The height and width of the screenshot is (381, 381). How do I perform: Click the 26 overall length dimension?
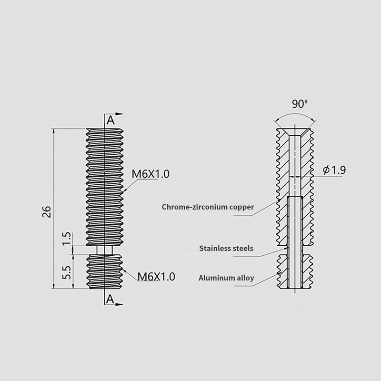tap(46, 211)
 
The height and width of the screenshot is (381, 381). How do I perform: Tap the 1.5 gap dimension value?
tap(67, 239)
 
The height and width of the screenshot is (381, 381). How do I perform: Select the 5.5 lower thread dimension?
tap(67, 272)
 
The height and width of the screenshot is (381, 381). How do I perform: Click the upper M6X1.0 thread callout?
tap(150, 174)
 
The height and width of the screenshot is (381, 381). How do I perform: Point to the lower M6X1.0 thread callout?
tap(156, 277)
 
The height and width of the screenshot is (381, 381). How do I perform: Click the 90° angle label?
tap(300, 104)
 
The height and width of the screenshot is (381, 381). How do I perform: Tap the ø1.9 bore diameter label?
tap(334, 170)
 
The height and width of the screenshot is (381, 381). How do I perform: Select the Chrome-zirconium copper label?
tap(208, 207)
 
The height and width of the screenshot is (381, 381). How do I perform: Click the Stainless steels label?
tap(226, 248)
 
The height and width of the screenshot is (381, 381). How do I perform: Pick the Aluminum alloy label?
tap(226, 278)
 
